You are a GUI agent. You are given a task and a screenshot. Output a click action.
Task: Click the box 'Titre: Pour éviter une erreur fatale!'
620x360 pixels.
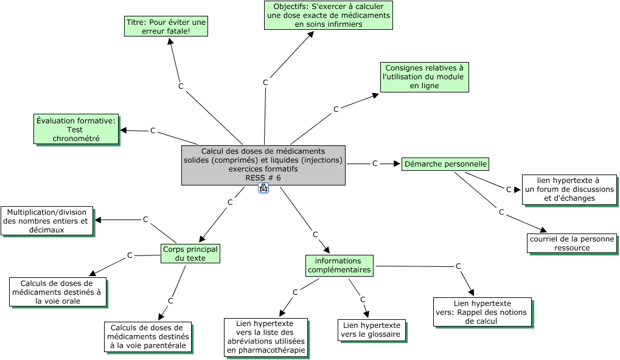[165, 26]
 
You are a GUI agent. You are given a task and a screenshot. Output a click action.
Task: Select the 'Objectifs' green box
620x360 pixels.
[328, 15]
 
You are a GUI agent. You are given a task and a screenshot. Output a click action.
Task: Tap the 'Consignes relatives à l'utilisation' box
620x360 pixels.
[424, 77]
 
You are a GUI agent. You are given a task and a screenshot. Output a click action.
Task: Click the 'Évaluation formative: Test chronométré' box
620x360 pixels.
[76, 130]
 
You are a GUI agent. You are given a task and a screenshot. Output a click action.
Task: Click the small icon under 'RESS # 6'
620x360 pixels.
[263, 189]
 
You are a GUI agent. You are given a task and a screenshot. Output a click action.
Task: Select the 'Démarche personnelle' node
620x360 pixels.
[445, 164]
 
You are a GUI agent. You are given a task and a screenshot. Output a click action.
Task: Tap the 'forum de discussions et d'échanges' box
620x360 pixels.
[569, 189]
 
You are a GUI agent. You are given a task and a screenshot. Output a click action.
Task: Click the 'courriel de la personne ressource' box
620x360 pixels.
[571, 243]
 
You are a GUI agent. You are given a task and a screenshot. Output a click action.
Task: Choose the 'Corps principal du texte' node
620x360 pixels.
[190, 253]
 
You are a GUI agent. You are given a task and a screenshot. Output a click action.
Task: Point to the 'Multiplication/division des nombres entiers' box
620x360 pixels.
[47, 221]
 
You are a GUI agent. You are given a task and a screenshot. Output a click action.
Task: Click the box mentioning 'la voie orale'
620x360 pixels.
[57, 292]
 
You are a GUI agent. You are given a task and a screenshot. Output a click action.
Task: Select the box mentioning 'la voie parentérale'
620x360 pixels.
[147, 337]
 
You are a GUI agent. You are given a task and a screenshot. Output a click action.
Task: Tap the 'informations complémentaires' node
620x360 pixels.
[339, 266]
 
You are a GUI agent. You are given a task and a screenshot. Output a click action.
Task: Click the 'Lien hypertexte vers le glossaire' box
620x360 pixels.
[371, 330]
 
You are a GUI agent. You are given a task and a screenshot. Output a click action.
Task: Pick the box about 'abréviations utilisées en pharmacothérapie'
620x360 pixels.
[266, 337]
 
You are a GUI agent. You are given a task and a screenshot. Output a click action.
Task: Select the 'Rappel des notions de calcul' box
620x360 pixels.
[482, 312]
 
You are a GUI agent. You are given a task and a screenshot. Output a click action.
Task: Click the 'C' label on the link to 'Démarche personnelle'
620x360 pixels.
[375, 164]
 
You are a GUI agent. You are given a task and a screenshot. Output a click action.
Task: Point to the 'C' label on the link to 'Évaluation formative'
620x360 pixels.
[153, 131]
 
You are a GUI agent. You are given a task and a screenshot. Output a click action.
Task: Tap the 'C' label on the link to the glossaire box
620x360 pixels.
[363, 299]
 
